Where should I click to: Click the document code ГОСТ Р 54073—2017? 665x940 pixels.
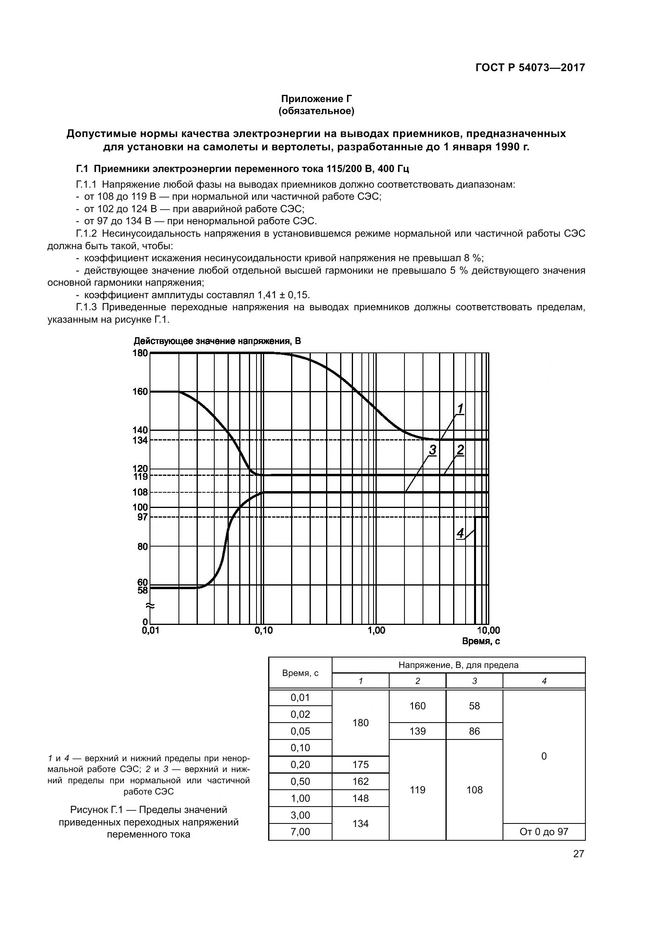(530, 68)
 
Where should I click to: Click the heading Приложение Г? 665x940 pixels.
(316, 99)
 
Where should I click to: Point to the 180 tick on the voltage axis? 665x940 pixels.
(140, 353)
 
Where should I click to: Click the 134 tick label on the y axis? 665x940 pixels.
(140, 440)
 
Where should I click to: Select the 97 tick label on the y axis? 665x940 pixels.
(142, 517)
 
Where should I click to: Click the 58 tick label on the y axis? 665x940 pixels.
(142, 590)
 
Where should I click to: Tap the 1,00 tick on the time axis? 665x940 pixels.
(376, 631)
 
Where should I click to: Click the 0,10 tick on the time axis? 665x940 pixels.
(263, 631)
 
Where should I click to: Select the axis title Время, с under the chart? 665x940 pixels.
(481, 641)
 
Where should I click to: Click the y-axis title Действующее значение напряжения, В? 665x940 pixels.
(217, 341)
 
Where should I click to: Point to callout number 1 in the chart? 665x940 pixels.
(460, 409)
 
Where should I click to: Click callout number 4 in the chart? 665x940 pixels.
(460, 533)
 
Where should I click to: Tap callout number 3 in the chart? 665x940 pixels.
(433, 450)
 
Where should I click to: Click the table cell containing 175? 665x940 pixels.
(360, 764)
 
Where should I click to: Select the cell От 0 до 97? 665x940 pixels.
(544, 831)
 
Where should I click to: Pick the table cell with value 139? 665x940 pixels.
(417, 731)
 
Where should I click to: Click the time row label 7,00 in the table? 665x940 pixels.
(300, 831)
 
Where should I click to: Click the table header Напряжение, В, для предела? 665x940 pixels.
(458, 665)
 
